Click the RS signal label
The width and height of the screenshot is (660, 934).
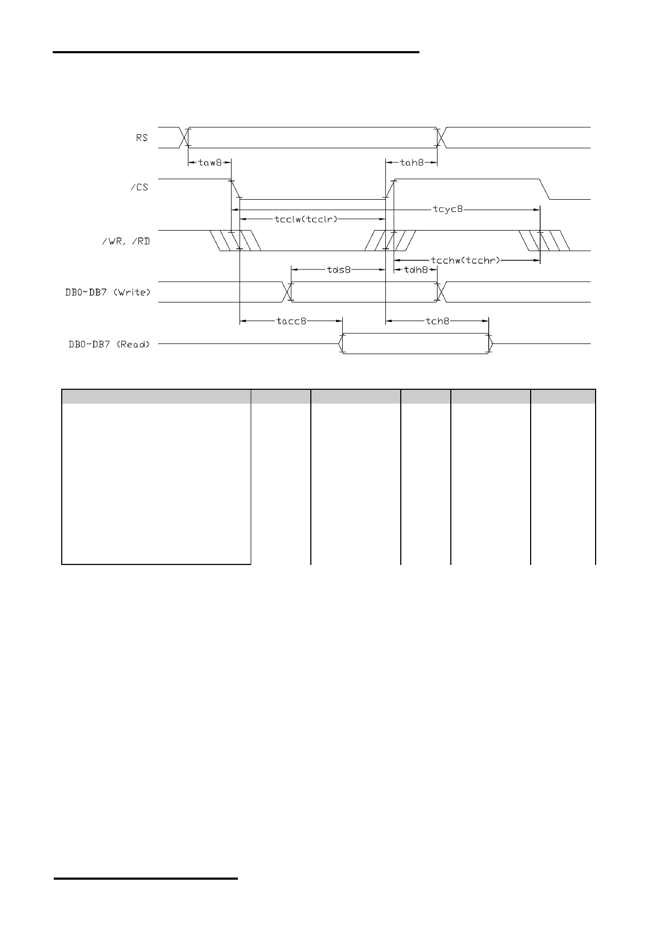click(x=142, y=137)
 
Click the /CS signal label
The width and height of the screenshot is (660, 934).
click(x=139, y=188)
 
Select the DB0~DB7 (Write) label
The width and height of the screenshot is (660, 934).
click(x=112, y=292)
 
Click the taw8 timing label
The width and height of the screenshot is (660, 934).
click(x=210, y=162)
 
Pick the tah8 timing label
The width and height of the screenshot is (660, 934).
click(x=411, y=162)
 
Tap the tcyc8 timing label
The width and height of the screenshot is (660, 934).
click(x=448, y=209)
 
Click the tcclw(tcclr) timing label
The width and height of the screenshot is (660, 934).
click(x=306, y=219)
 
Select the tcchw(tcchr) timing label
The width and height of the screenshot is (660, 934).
click(x=466, y=260)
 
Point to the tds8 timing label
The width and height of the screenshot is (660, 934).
click(x=339, y=269)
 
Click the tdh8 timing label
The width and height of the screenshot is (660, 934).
click(x=416, y=269)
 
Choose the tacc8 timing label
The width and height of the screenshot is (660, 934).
click(x=291, y=321)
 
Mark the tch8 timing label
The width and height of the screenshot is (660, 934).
click(x=438, y=321)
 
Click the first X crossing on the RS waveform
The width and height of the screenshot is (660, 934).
click(x=185, y=137)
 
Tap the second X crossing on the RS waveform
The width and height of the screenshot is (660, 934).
click(x=441, y=137)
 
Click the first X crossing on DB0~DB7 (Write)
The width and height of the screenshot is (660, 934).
click(x=287, y=292)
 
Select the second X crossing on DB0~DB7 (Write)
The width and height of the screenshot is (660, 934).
click(x=441, y=292)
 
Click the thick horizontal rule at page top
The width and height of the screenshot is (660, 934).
click(x=236, y=52)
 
